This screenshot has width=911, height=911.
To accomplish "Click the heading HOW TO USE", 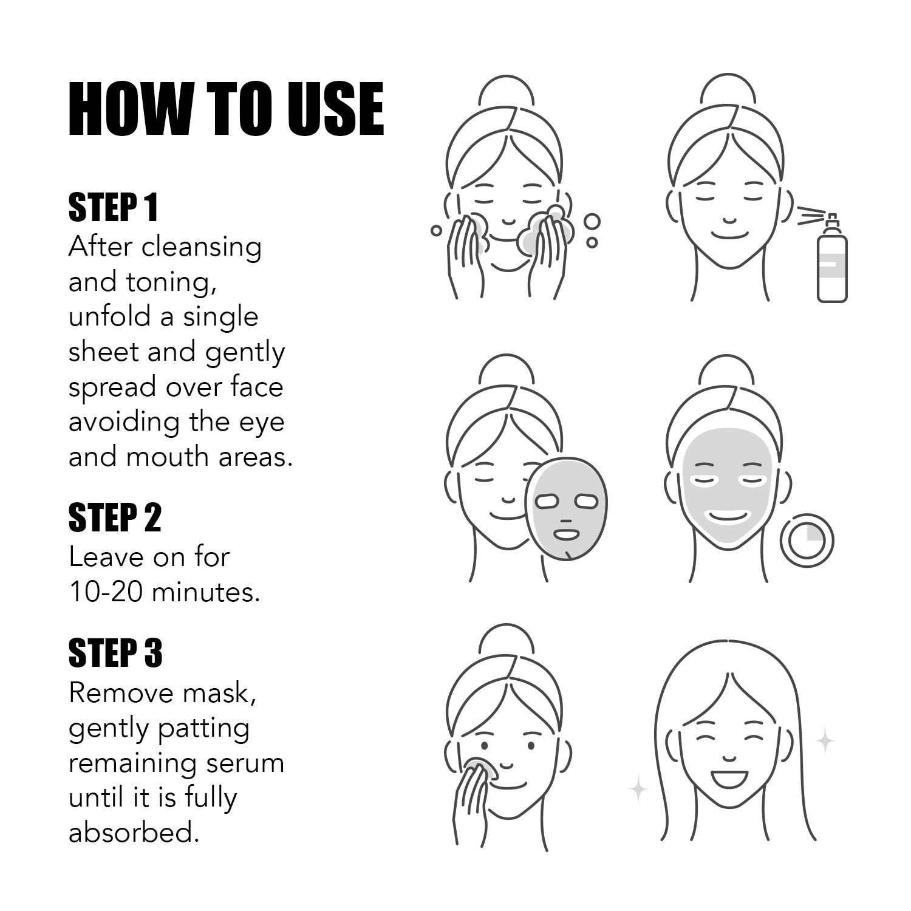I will pyautogui.click(x=226, y=109).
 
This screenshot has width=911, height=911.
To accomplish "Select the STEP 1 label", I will pyautogui.click(x=113, y=208).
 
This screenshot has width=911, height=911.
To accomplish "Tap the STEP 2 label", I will pyautogui.click(x=115, y=518).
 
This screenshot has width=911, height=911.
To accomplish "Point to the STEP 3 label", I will pyautogui.click(x=115, y=653).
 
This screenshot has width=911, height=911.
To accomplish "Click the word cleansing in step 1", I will pyautogui.click(x=202, y=248).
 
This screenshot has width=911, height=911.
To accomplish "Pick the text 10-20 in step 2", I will pyautogui.click(x=105, y=592).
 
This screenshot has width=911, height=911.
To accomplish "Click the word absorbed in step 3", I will pyautogui.click(x=134, y=832).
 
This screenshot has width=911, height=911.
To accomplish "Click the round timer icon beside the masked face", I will pyautogui.click(x=807, y=540).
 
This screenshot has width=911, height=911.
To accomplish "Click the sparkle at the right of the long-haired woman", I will pyautogui.click(x=825, y=740).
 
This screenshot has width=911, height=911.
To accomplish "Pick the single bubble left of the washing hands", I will pyautogui.click(x=435, y=231).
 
